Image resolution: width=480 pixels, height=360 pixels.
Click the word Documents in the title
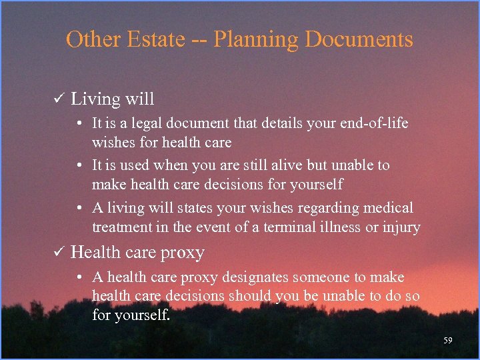(x=359, y=39)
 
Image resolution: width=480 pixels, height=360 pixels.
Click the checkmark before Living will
(x=57, y=100)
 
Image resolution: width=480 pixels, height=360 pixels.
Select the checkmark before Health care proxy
(x=57, y=253)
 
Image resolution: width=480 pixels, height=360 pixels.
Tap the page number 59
(x=447, y=341)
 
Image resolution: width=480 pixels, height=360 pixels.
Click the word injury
(x=401, y=228)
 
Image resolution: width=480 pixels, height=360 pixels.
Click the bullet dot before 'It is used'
(x=79, y=165)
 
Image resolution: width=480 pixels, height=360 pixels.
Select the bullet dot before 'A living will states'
(x=79, y=209)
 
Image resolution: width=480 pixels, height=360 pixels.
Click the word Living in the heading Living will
(x=94, y=100)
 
